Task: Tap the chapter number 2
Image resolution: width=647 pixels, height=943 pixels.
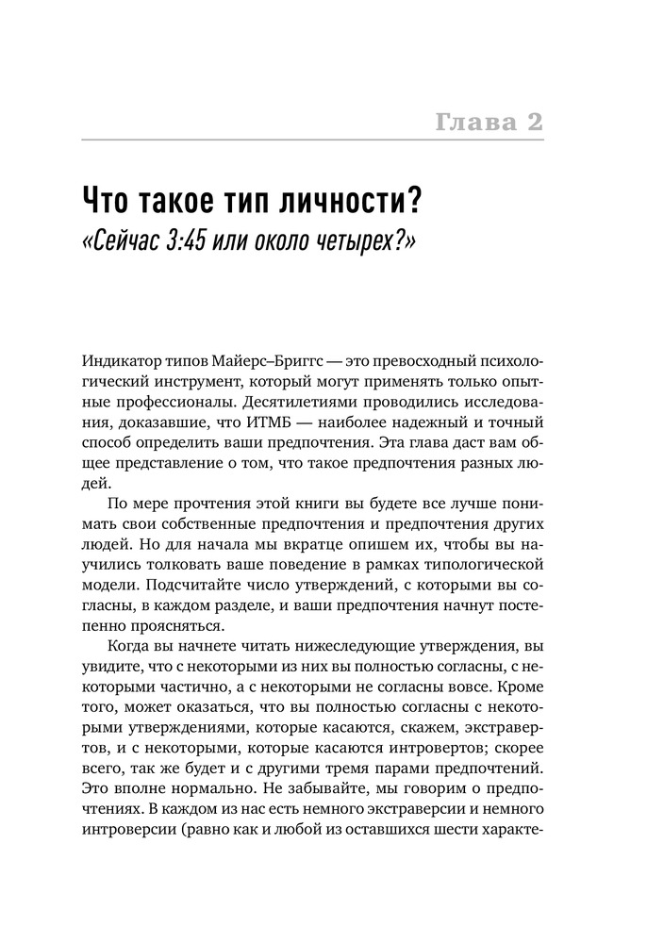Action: pyautogui.click(x=535, y=122)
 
